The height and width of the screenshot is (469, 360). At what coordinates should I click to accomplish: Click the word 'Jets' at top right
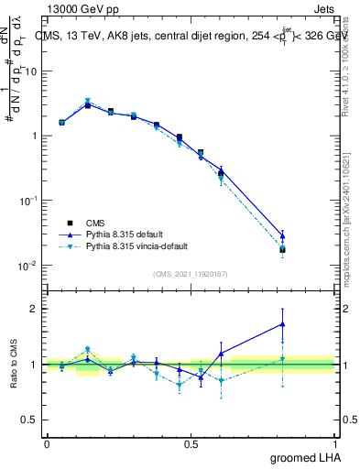coord(325,8)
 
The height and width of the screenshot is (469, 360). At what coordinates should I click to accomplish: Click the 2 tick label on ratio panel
coord(33,309)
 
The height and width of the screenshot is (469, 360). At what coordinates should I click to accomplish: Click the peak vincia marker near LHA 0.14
coord(88,102)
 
